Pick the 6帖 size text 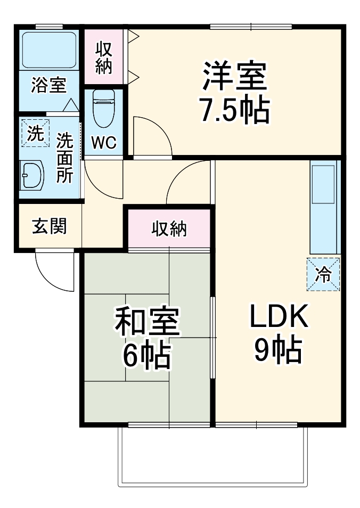(x=147, y=356)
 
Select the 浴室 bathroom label (x=48, y=85)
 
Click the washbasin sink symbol (x=32, y=174)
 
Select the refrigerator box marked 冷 (x=323, y=275)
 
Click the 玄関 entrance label (x=50, y=226)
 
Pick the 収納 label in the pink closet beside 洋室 (x=104, y=58)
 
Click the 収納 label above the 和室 (x=169, y=228)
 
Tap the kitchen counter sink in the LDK (x=324, y=184)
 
